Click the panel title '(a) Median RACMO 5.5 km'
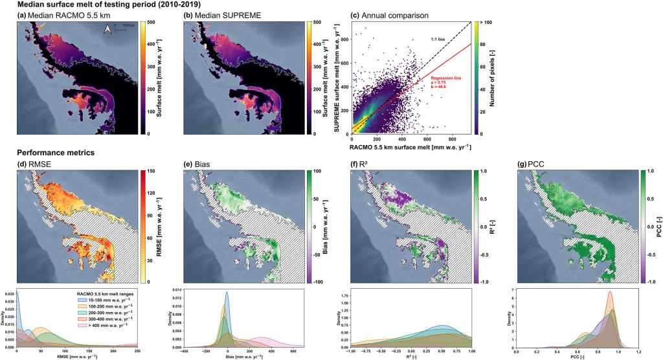point(59,16)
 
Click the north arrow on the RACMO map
point(107,28)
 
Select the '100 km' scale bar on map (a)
point(122,28)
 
